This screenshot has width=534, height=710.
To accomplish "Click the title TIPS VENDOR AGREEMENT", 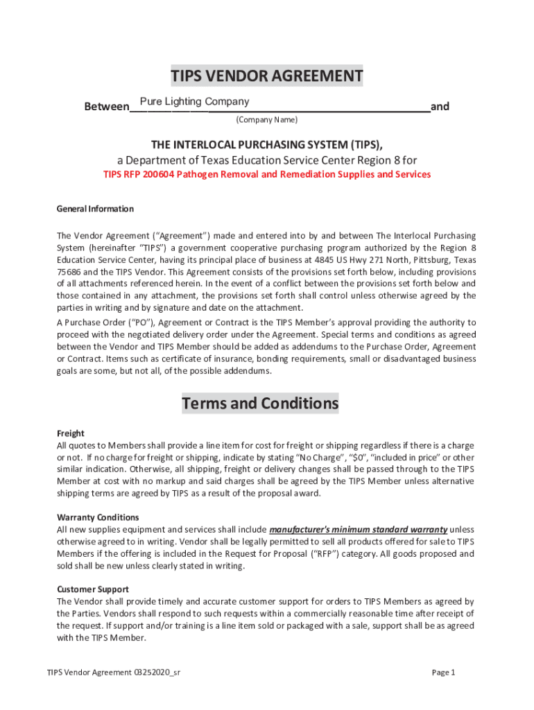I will tap(267, 76).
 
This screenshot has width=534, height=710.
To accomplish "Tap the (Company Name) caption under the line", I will tap(266, 120).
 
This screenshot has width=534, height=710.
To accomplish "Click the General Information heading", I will tap(95, 209).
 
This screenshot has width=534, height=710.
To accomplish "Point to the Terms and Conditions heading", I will tap(260, 404).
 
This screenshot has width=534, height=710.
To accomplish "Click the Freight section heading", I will tap(71, 433).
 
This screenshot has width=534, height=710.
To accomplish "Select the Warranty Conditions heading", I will tap(98, 517).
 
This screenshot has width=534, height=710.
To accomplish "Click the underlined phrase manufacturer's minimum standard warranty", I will tap(358, 529).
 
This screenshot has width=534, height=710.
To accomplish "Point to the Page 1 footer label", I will tap(443, 673).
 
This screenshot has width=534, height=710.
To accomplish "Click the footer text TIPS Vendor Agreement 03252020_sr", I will tap(114, 673).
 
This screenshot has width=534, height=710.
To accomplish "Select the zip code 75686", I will tap(69, 272).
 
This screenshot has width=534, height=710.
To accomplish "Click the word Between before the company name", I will tap(106, 107).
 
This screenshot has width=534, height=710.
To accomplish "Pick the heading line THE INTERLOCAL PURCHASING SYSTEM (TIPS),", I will tap(267, 144).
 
